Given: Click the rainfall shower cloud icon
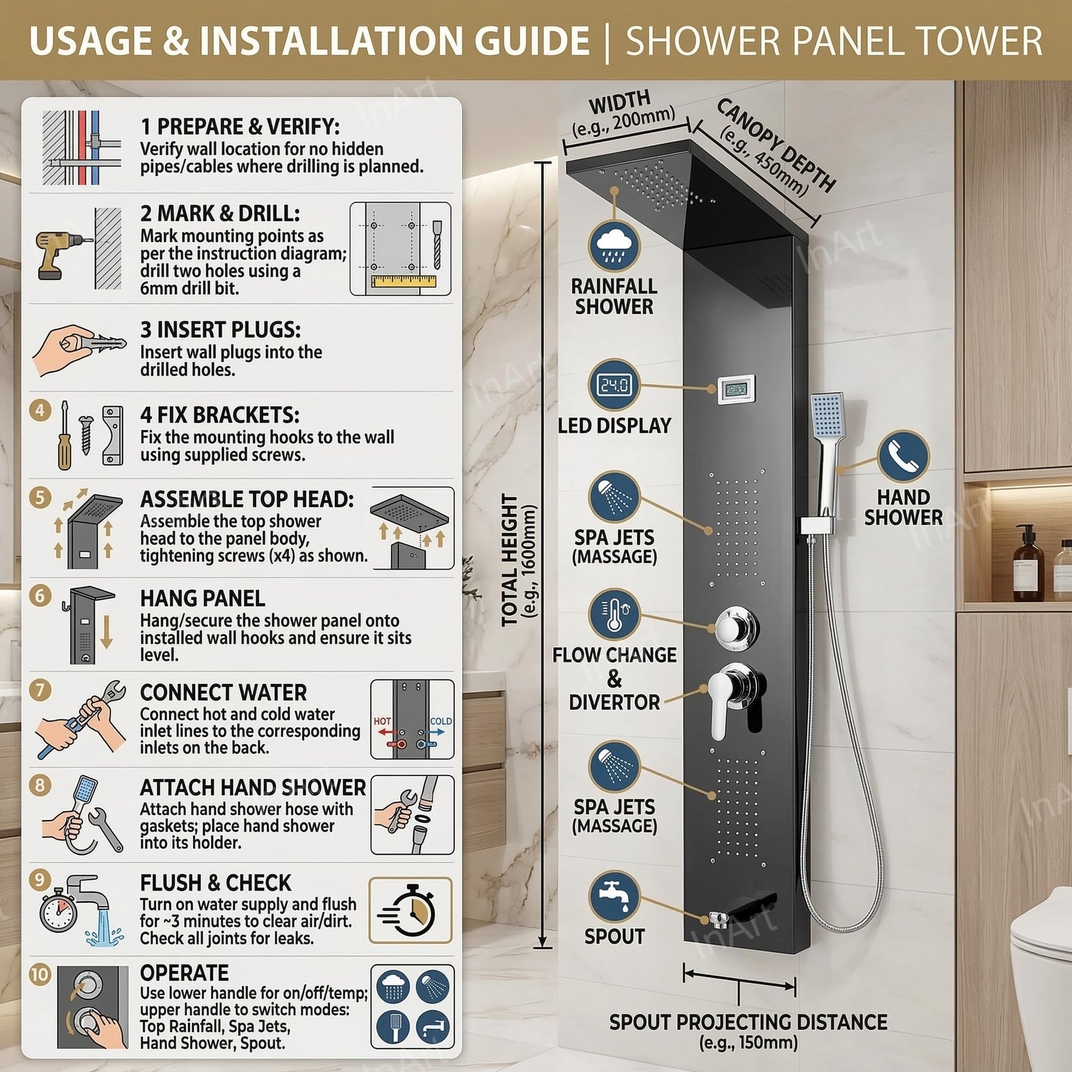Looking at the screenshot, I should coord(614,246).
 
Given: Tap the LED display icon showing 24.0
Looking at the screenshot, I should coord(614,385).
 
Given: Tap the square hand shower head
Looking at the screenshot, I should coord(827,414).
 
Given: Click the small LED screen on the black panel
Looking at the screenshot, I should coord(737,390).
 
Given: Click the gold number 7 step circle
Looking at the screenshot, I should coord(40,691).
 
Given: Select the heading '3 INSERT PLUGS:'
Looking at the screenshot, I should coord(220,329).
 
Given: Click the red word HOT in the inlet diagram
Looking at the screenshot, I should coord(382,721).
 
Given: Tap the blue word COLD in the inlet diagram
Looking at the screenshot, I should coord(441,721).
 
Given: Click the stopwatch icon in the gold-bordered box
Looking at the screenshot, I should coord(410,910).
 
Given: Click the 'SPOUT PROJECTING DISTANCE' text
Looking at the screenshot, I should coord(748,1022).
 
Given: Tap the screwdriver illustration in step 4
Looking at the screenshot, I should coord(65,435).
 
